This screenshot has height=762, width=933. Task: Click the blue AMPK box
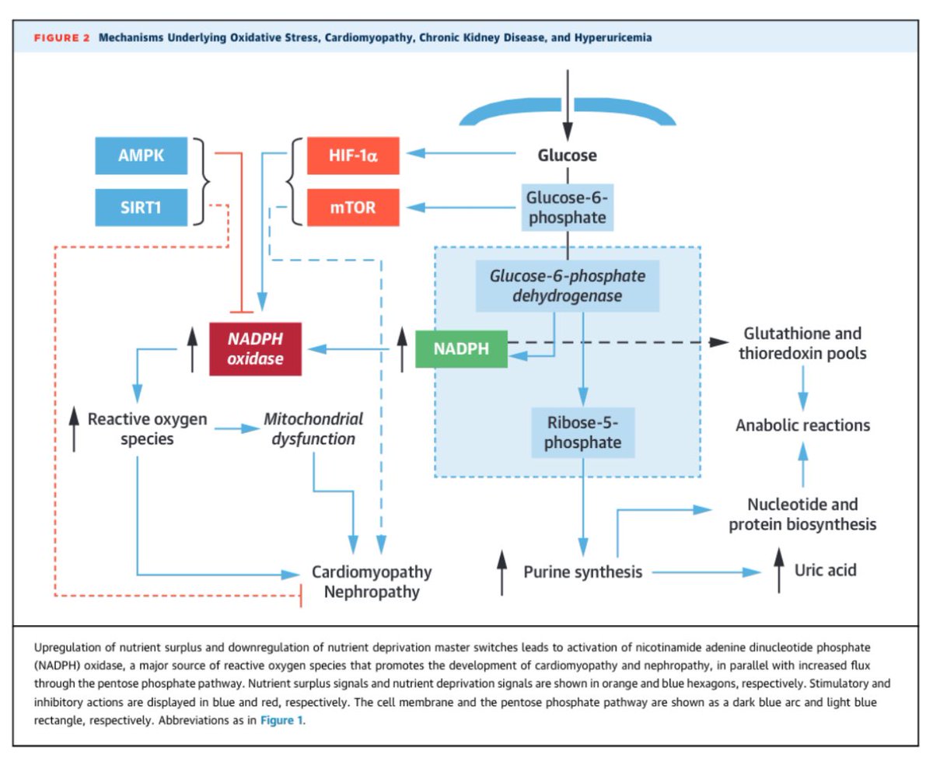click(x=141, y=155)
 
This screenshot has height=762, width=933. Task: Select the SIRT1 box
click(x=141, y=208)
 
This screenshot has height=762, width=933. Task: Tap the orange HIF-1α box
click(x=352, y=155)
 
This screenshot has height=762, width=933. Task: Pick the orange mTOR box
click(x=352, y=208)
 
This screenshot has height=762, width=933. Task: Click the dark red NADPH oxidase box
click(x=256, y=349)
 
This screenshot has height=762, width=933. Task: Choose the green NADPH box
click(x=461, y=348)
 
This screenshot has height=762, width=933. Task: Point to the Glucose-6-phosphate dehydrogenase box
click(x=567, y=285)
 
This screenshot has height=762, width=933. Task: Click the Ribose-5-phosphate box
click(x=582, y=432)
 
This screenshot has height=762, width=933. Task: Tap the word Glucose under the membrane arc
click(x=568, y=155)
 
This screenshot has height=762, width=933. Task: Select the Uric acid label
click(x=825, y=570)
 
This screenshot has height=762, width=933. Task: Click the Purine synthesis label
click(x=582, y=572)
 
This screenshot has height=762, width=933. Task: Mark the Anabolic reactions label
click(x=802, y=425)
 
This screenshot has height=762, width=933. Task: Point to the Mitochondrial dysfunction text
click(x=313, y=428)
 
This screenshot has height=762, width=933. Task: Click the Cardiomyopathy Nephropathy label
click(x=371, y=582)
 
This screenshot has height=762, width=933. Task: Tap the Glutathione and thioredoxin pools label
click(x=802, y=343)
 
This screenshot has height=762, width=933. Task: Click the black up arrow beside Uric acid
click(x=779, y=571)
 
